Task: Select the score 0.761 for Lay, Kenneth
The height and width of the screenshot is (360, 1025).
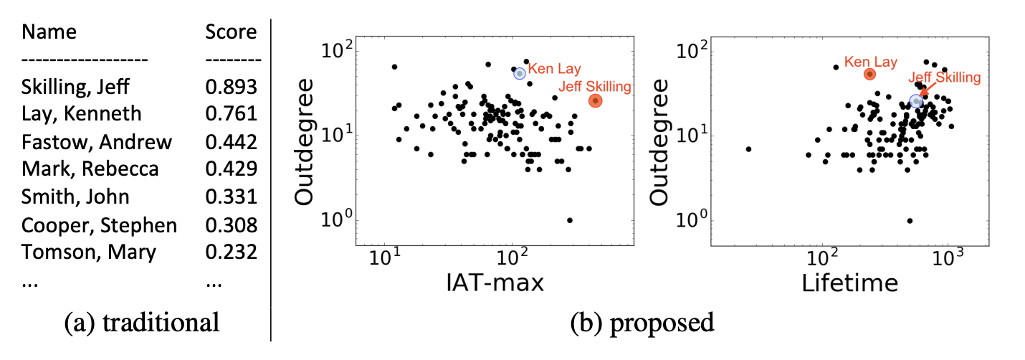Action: pyautogui.click(x=231, y=114)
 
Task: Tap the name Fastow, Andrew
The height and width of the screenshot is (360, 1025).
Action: pyautogui.click(x=97, y=142)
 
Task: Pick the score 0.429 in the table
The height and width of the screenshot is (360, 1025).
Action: pyautogui.click(x=231, y=169)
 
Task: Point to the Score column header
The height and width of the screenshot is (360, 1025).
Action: pyautogui.click(x=231, y=32)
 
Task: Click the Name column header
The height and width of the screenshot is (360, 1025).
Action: pyautogui.click(x=49, y=32)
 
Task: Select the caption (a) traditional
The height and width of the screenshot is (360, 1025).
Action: pyautogui.click(x=142, y=322)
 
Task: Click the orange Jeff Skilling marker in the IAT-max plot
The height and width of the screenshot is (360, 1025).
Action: pyautogui.click(x=595, y=101)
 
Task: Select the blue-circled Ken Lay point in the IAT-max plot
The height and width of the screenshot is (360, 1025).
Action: pyautogui.click(x=520, y=73)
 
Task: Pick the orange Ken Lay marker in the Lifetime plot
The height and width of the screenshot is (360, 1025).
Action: pyautogui.click(x=869, y=74)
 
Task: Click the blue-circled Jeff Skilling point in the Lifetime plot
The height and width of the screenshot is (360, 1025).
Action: pyautogui.click(x=915, y=102)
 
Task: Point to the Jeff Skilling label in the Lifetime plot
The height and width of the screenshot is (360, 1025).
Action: pyautogui.click(x=944, y=77)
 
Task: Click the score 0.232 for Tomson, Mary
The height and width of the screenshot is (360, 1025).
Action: pyautogui.click(x=231, y=252)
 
